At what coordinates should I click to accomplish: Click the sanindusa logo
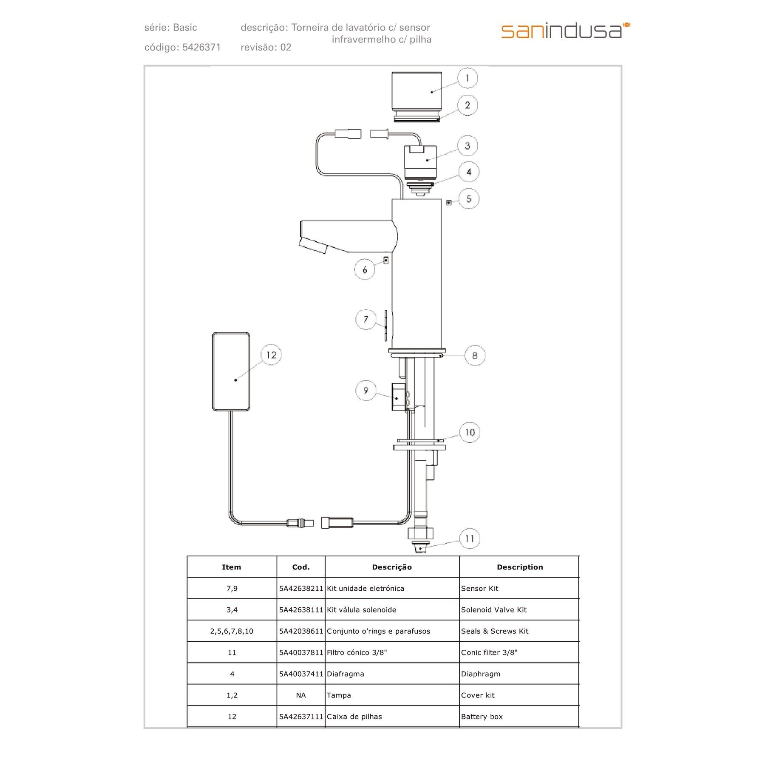tap(565, 31)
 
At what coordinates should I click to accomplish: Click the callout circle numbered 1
tap(467, 78)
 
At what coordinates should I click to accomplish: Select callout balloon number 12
tap(271, 355)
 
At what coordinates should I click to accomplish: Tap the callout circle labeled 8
tap(474, 356)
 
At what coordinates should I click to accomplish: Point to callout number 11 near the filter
tap(469, 538)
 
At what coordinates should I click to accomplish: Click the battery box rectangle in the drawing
tap(231, 372)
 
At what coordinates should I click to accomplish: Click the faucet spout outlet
tap(314, 246)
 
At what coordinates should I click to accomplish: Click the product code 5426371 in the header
tap(201, 47)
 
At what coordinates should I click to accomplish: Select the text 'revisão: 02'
tap(266, 47)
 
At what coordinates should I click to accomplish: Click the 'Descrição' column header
tap(391, 567)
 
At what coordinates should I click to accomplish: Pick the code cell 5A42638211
tap(301, 589)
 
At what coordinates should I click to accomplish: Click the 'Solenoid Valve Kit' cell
tap(493, 610)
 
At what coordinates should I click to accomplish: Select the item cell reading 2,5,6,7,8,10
tap(232, 631)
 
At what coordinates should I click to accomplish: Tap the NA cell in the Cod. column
tap(301, 695)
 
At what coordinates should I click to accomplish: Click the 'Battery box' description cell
tap(482, 717)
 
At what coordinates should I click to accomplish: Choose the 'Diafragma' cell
tap(345, 674)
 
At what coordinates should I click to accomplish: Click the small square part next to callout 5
tap(448, 203)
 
